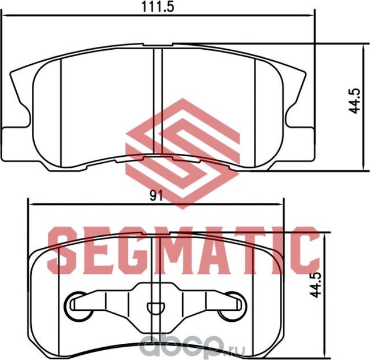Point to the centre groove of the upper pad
pos(157,104)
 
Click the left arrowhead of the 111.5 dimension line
pos(5,17)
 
